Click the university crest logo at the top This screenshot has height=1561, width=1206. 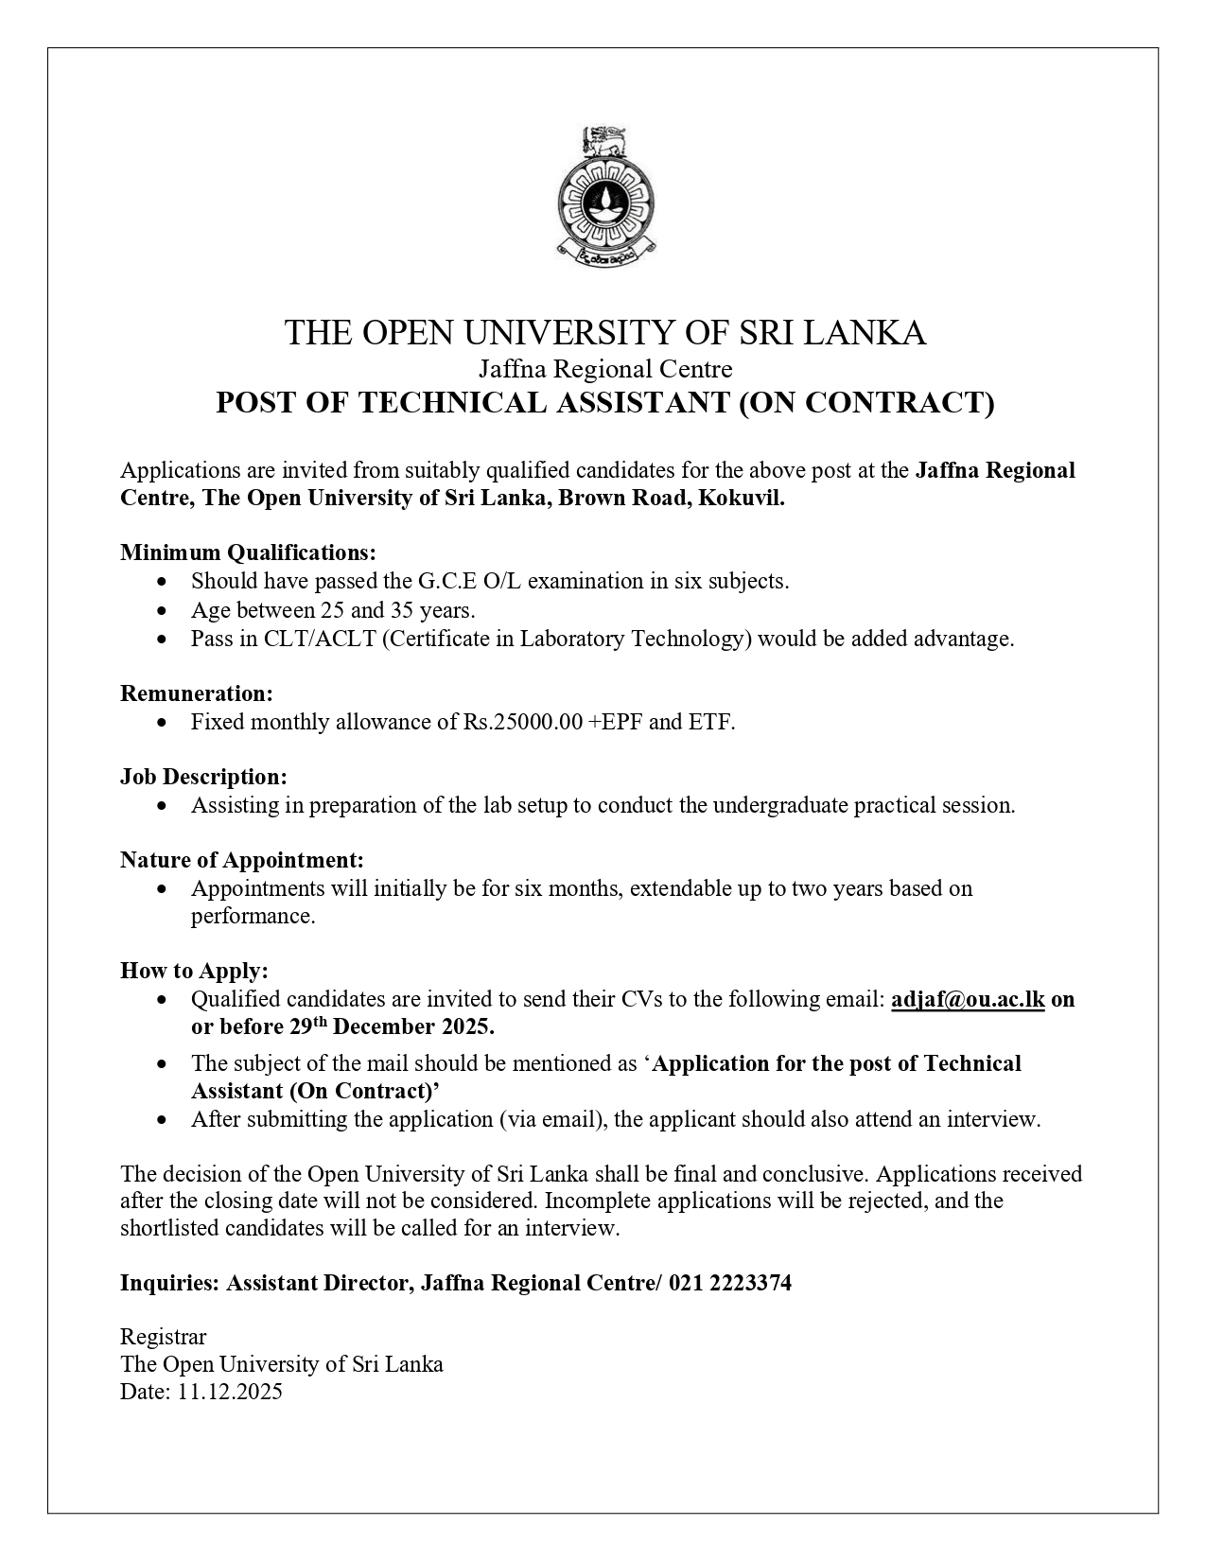(603, 194)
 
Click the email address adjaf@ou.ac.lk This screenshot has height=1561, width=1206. (968, 999)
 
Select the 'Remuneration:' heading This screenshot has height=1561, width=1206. (197, 693)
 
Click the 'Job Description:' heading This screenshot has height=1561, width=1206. (203, 777)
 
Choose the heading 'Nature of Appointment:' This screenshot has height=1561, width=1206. (241, 860)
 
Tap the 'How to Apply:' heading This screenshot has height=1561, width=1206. (194, 971)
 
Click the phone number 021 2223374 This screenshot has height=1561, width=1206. (730, 1283)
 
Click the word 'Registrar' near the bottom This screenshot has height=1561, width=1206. (163, 1337)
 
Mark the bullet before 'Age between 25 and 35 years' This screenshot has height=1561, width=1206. (165, 611)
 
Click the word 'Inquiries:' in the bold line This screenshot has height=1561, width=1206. (170, 1283)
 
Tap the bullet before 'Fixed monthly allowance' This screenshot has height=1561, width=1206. (165, 723)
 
